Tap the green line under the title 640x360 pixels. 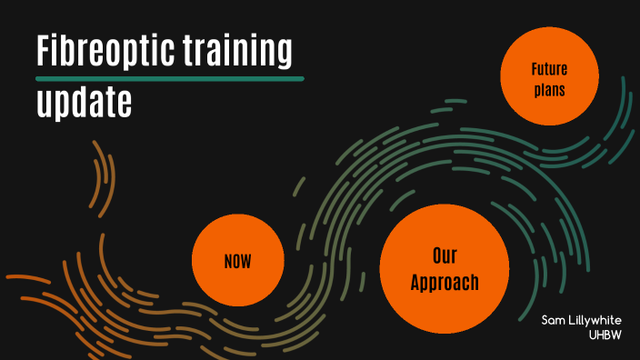[x=169, y=79]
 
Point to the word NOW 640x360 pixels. [x=237, y=263]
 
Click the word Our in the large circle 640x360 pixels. [x=444, y=255]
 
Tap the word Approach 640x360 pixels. [x=444, y=283]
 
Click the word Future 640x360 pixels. [x=549, y=69]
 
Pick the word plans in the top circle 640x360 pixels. [x=549, y=90]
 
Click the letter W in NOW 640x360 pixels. [x=245, y=263]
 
